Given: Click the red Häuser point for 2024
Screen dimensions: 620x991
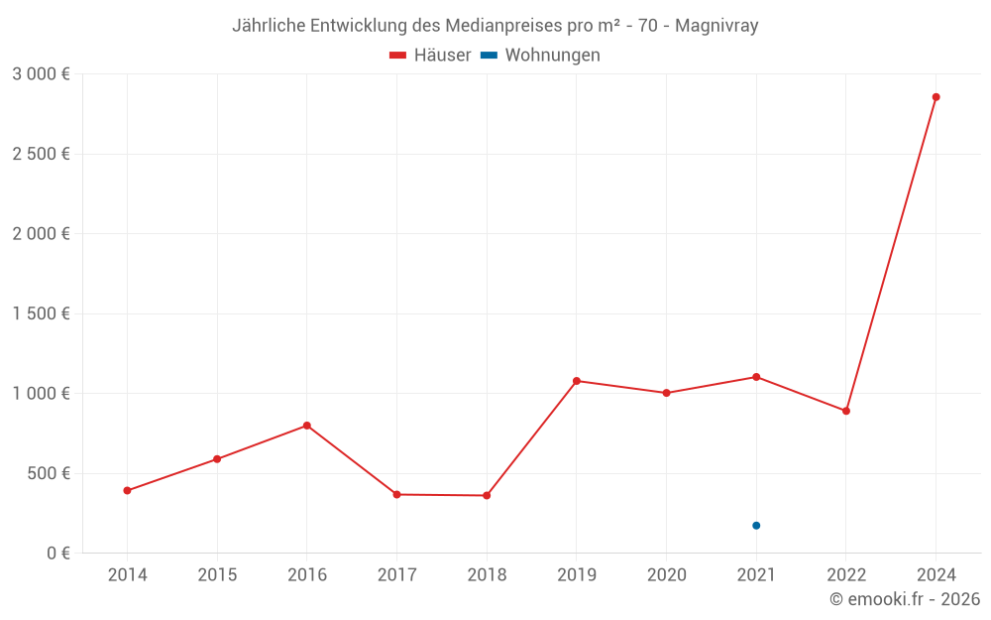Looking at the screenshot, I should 936,97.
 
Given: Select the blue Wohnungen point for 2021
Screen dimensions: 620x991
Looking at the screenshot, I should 756,526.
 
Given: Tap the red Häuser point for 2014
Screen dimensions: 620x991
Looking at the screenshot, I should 127,490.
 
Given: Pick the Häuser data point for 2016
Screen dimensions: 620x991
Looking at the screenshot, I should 307,426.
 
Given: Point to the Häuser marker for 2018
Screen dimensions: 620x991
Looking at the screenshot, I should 487,495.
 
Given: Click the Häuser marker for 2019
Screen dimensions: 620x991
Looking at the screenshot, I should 577,381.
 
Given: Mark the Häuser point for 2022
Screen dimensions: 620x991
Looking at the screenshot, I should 846,411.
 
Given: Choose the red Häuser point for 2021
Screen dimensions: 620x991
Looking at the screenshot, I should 756,377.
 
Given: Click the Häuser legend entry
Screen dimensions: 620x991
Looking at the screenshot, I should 431,56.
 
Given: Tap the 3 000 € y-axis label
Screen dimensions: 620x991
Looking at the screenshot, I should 41,74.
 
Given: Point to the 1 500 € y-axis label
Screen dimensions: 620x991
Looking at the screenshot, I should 41,313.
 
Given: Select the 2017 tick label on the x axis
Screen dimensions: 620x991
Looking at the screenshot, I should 396,575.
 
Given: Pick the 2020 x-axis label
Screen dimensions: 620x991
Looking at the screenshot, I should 666,575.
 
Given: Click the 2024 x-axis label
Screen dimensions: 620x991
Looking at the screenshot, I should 936,575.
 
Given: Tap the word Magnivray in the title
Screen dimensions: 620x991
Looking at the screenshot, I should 716,26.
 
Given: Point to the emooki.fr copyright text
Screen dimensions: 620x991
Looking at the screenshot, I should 904,599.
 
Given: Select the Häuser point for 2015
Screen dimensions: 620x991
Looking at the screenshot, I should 217,459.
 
